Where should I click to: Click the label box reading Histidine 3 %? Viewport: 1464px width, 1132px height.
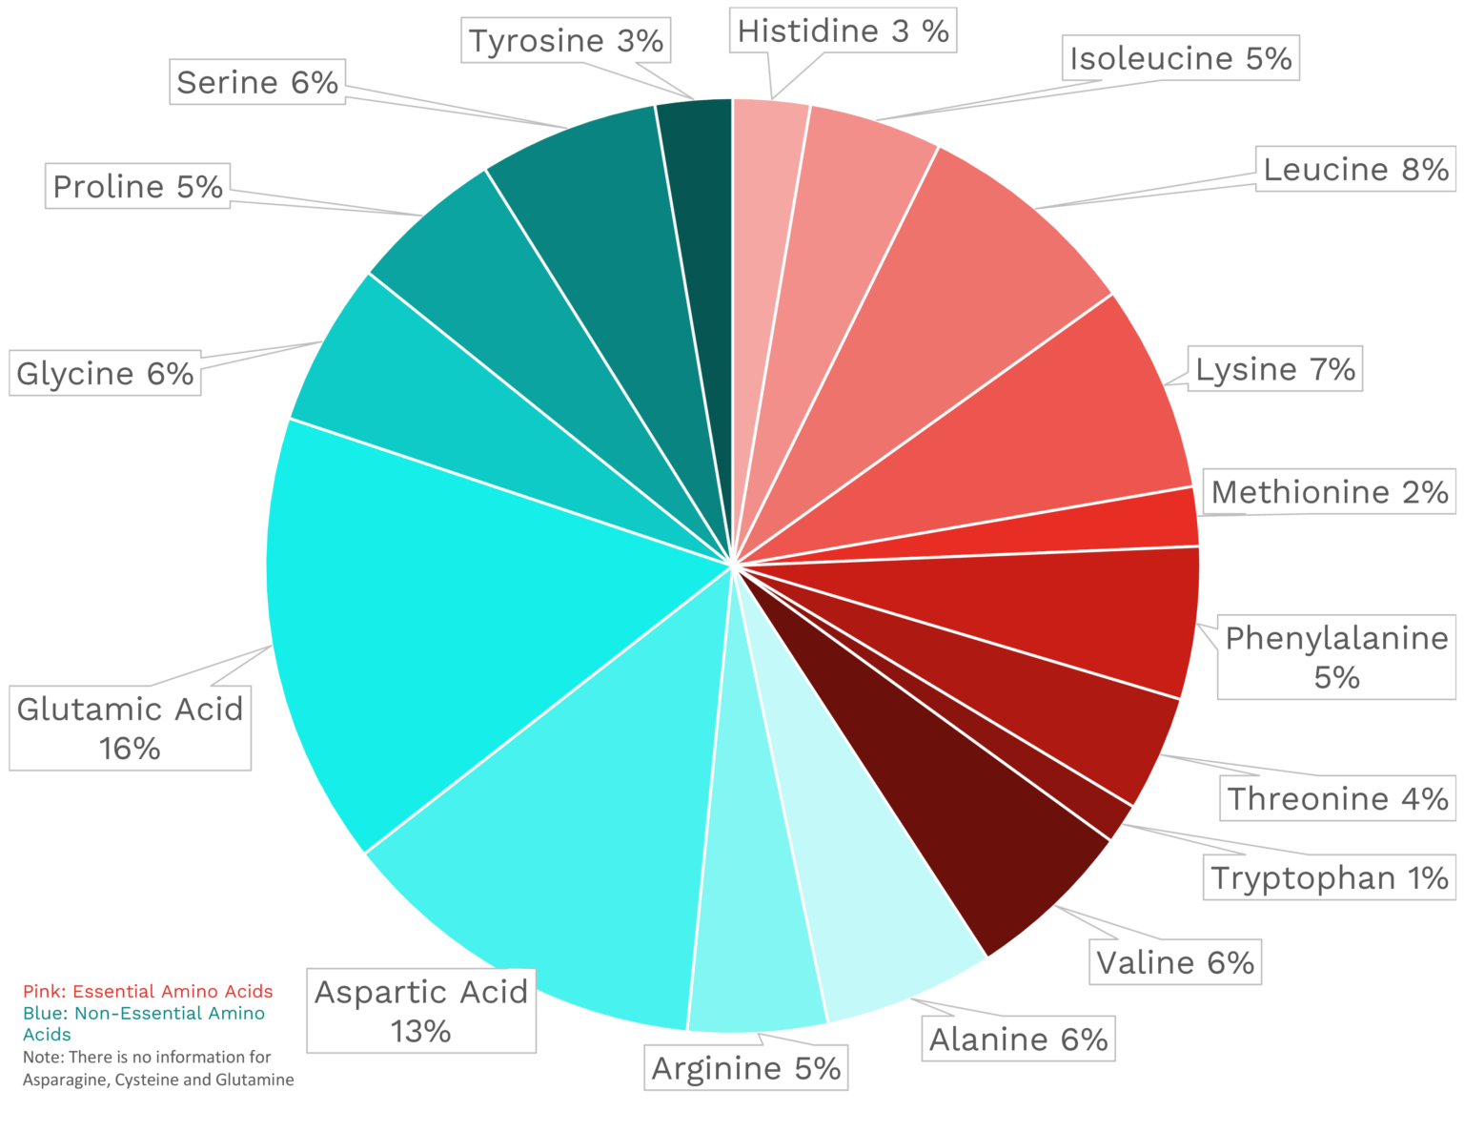[843, 31]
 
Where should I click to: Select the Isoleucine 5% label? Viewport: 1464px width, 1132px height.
[1180, 59]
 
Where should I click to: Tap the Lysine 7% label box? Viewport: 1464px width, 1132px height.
[1275, 369]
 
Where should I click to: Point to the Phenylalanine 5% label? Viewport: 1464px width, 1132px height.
[1336, 657]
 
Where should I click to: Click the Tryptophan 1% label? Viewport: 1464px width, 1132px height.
[1330, 877]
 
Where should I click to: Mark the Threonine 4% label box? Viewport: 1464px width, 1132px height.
[1337, 798]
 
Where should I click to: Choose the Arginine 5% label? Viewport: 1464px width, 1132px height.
[745, 1068]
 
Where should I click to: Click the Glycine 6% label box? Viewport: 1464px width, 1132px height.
[105, 373]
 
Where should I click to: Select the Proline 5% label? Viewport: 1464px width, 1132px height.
[137, 186]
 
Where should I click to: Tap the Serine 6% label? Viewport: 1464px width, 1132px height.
[257, 83]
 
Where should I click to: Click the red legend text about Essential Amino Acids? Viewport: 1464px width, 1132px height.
[148, 992]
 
